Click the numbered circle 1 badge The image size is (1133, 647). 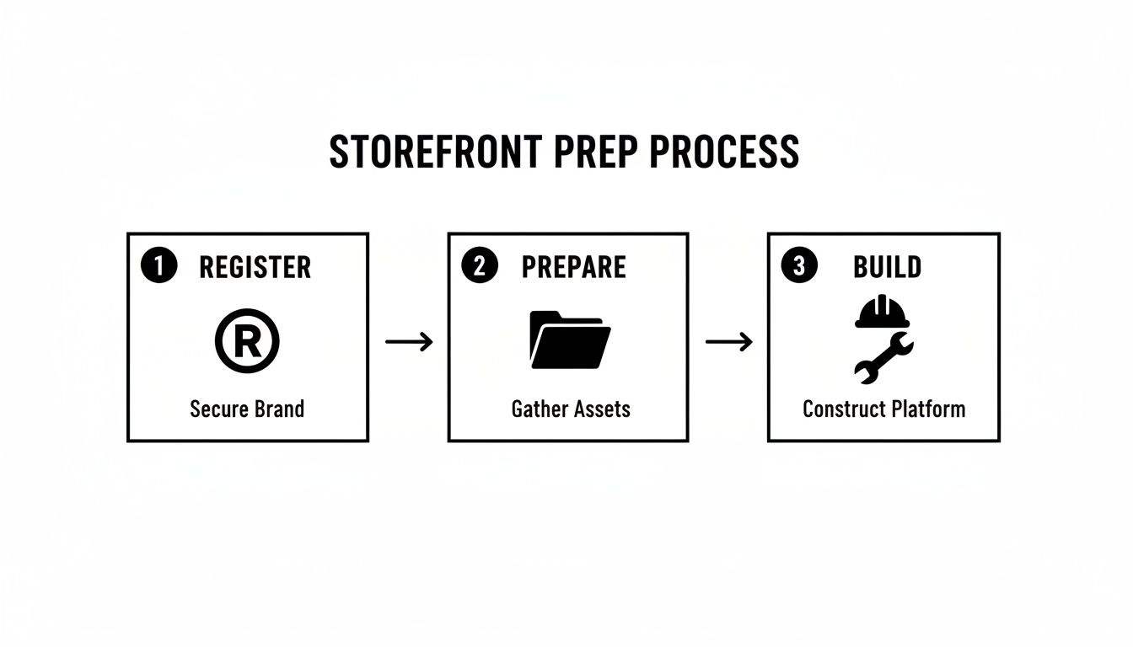pyautogui.click(x=158, y=267)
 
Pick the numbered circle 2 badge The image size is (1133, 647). pyautogui.click(x=480, y=267)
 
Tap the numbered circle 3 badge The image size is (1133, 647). pyautogui.click(x=799, y=267)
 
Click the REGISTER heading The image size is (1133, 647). pyautogui.click(x=255, y=268)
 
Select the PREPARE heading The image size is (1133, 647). pyautogui.click(x=573, y=267)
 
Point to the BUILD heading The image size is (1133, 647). pyautogui.click(x=887, y=267)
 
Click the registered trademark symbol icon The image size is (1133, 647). pyautogui.click(x=247, y=340)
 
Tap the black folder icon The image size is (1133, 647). pyautogui.click(x=569, y=340)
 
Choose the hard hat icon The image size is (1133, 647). pyautogui.click(x=883, y=311)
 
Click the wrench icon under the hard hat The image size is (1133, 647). pyautogui.click(x=883, y=357)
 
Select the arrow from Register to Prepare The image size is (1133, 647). pyautogui.click(x=409, y=341)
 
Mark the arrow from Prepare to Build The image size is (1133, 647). pyautogui.click(x=728, y=341)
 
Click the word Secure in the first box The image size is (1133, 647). pyautogui.click(x=217, y=409)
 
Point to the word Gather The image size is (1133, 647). pyautogui.click(x=540, y=409)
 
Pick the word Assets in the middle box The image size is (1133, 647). pyautogui.click(x=601, y=409)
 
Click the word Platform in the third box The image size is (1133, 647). pyautogui.click(x=923, y=409)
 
